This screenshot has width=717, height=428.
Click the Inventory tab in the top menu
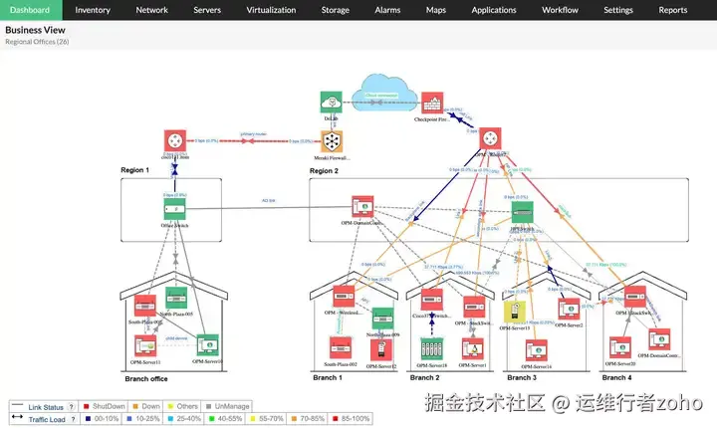point(93,10)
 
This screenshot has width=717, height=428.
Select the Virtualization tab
point(271,10)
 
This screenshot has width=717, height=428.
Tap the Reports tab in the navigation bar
point(673,10)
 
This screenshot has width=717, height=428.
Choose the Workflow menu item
point(560,10)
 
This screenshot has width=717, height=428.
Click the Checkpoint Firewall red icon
point(432,102)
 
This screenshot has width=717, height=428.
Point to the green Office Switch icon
point(175,208)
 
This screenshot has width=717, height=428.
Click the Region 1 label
point(133,170)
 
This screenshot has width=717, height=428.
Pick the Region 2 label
point(324,171)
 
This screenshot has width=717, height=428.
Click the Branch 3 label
point(521,378)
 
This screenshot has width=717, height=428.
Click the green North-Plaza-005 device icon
point(177,297)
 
